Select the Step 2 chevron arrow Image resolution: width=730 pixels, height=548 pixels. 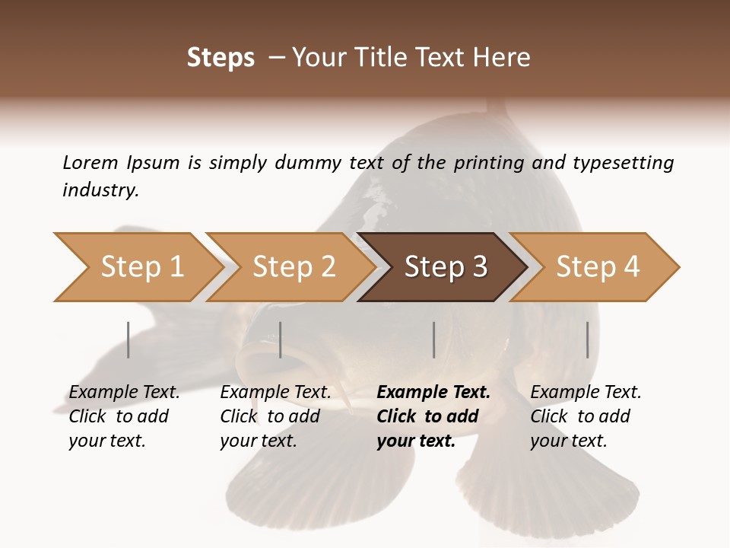click(289, 267)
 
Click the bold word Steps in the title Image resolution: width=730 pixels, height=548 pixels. click(221, 58)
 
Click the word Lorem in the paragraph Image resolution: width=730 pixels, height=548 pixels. click(89, 162)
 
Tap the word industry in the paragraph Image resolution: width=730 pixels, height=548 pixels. click(100, 190)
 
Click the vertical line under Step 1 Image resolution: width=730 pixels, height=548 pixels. click(129, 339)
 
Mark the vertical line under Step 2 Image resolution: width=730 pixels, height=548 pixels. click(281, 339)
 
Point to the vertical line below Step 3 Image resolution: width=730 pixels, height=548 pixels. click(433, 339)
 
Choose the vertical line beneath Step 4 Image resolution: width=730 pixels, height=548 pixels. click(587, 339)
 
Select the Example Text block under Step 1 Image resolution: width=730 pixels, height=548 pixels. click(124, 416)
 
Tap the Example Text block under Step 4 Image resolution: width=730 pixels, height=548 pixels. click(586, 416)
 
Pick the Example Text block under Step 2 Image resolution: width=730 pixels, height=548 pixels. click(275, 416)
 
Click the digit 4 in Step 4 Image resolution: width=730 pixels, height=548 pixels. click(631, 267)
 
